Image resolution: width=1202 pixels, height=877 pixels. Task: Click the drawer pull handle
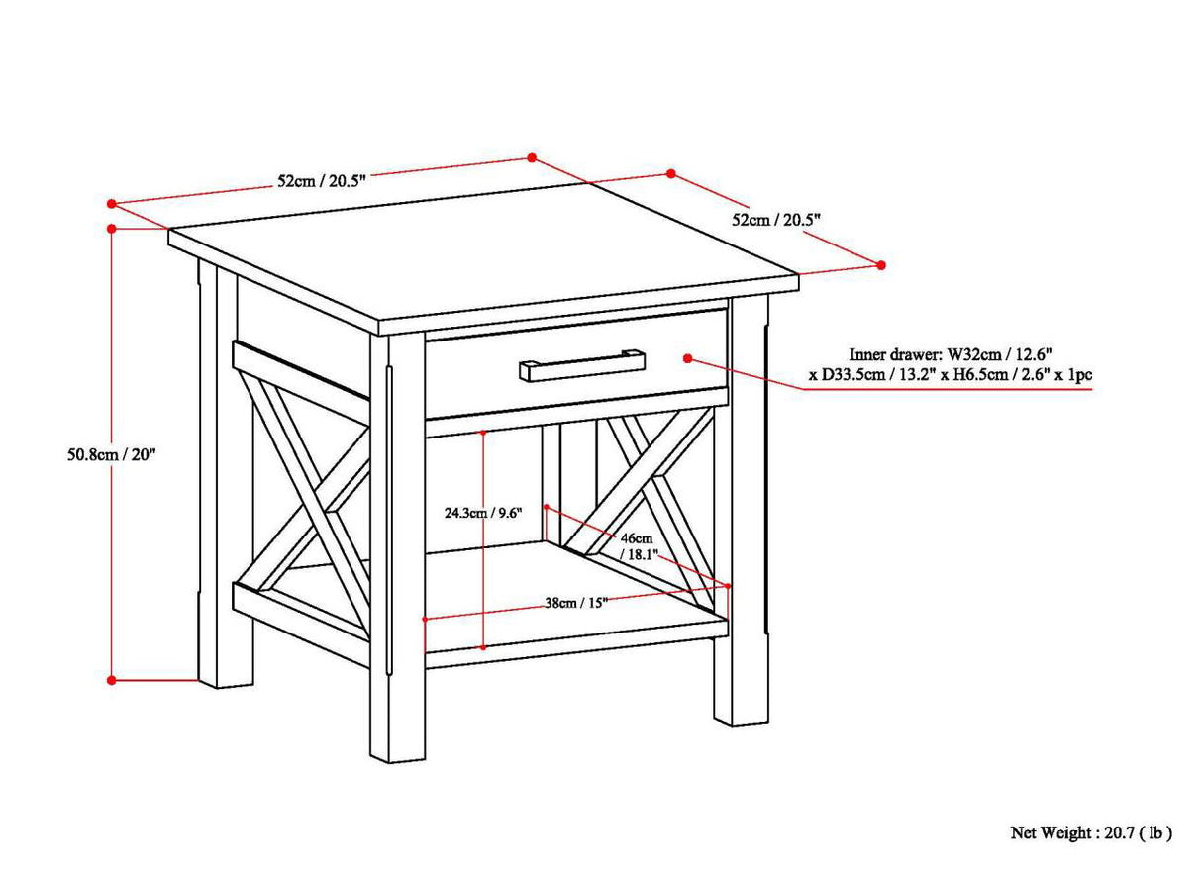[582, 364]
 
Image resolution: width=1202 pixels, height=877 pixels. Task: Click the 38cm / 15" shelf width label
[575, 602]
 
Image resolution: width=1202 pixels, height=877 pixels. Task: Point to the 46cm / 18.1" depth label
[634, 545]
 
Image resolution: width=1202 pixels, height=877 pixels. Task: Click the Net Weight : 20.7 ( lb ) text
[1090, 832]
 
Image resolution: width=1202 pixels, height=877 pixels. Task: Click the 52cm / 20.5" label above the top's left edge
[322, 180]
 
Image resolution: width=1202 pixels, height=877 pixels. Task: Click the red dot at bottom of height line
[112, 680]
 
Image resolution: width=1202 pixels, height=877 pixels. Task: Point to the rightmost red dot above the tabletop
[881, 264]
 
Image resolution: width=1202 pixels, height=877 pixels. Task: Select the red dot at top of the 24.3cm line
[482, 433]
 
